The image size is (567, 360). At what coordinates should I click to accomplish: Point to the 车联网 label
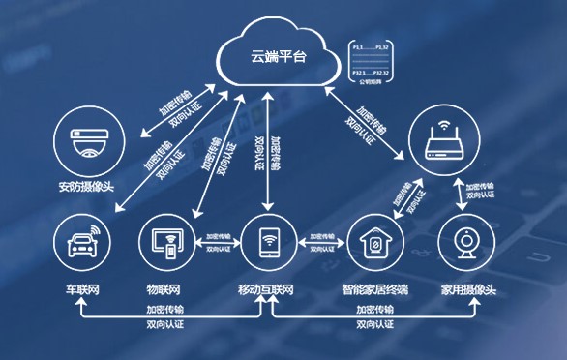(82, 290)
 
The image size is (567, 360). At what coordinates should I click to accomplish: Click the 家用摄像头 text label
(468, 290)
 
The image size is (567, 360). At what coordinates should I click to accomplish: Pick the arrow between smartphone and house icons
(319, 243)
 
